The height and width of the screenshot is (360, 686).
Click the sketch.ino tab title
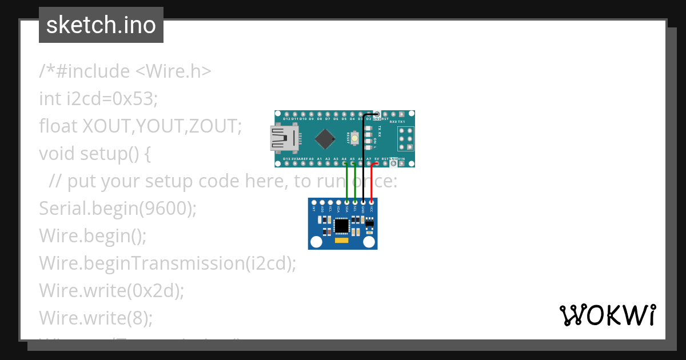coord(101,26)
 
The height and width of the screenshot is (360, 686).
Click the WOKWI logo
coord(607,315)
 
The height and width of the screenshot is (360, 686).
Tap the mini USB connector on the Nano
coord(284,139)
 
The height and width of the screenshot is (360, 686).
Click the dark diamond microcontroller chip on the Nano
coord(325,138)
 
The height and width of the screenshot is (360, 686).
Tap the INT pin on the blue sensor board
coord(314,202)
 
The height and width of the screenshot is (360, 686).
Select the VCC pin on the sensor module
coord(372,202)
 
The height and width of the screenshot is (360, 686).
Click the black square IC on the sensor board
coord(342,226)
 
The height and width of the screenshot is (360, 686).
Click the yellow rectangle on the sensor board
coord(342,241)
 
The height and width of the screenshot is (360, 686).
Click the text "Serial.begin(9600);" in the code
coord(118,209)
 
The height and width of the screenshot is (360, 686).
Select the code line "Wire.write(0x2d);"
coord(111,290)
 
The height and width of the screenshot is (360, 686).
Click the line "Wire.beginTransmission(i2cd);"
coord(167,263)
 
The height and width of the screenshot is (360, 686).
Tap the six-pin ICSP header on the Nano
coord(405,138)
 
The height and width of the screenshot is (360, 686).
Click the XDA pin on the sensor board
coord(338,202)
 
